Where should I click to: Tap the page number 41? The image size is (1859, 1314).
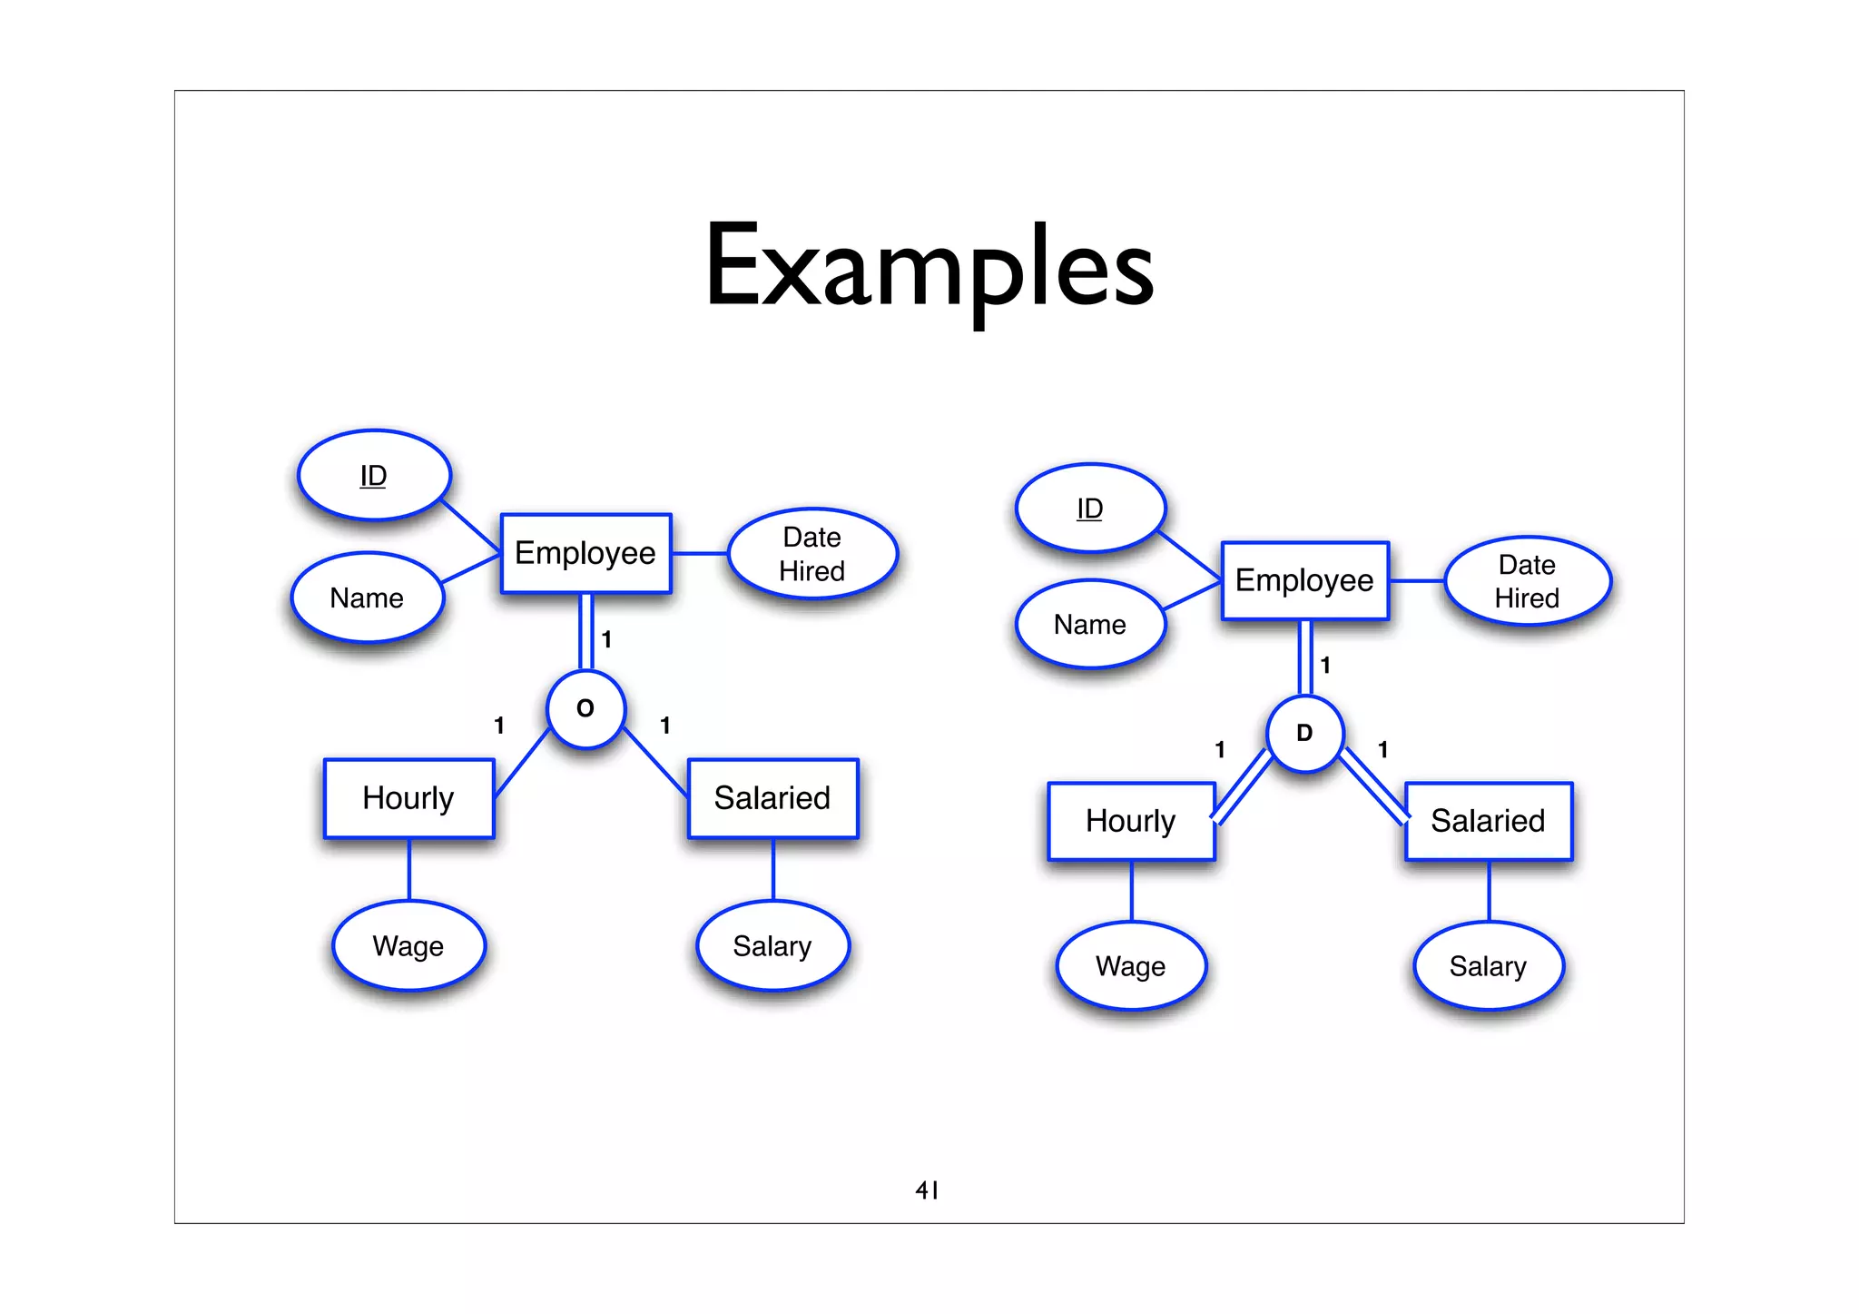[x=927, y=1190]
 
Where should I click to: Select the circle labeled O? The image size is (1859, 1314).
[x=585, y=709]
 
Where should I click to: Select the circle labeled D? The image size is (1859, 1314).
[x=1304, y=734]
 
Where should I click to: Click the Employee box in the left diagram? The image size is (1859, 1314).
[x=585, y=553]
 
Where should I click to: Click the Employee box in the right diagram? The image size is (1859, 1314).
[x=1304, y=580]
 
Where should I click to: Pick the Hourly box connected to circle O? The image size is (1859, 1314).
[x=408, y=798]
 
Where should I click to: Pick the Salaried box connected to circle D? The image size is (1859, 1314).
[x=1488, y=821]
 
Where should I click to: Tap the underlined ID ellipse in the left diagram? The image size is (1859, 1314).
[x=374, y=475]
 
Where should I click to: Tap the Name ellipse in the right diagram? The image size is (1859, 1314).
[x=1090, y=625]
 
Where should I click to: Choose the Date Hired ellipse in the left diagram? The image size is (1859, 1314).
[x=812, y=554]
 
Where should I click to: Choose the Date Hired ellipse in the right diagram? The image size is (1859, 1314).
[x=1528, y=581]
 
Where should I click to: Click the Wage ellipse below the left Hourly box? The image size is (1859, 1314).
[x=408, y=945]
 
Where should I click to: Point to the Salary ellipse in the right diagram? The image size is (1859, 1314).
[x=1488, y=966]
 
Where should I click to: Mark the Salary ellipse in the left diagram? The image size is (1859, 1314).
[x=772, y=945]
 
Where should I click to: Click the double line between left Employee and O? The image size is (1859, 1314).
[x=586, y=632]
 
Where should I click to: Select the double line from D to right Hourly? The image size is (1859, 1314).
[x=1242, y=787]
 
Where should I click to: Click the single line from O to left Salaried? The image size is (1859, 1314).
[x=656, y=762]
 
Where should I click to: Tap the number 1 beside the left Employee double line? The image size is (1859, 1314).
[x=606, y=639]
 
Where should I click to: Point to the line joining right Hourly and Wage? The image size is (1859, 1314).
[x=1131, y=891]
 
